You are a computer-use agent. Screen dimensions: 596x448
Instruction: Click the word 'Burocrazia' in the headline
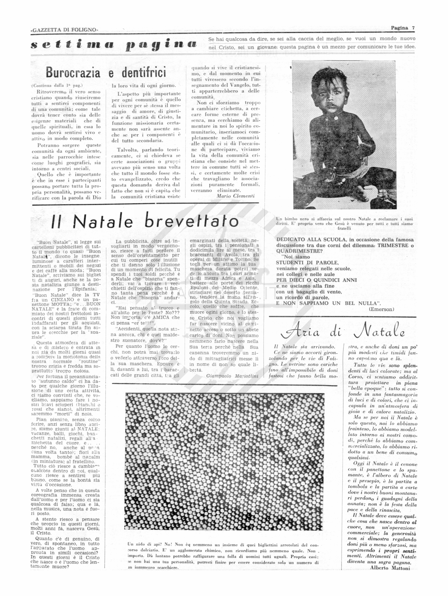[x=73, y=72]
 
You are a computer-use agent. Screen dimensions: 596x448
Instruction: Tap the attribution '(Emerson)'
[x=381, y=309]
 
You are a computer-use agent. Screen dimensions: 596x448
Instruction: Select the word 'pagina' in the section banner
[x=161, y=45]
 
